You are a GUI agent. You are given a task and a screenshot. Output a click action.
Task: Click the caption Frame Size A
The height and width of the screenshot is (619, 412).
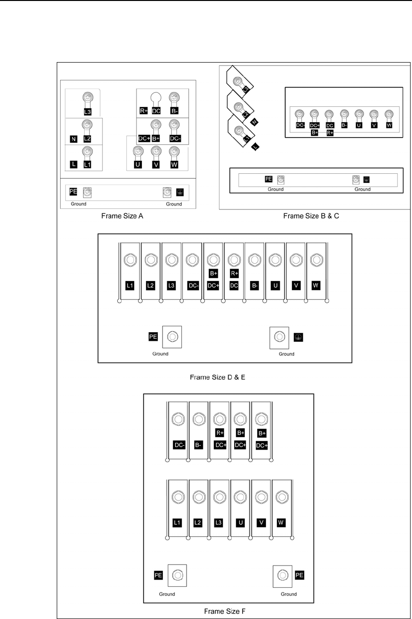click(x=122, y=216)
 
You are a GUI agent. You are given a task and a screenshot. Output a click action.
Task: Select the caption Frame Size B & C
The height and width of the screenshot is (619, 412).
click(x=311, y=216)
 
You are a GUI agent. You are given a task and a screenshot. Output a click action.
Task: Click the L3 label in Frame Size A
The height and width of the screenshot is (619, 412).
click(x=87, y=112)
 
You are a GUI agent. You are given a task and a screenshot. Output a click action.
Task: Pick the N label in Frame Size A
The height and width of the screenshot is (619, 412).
click(x=74, y=140)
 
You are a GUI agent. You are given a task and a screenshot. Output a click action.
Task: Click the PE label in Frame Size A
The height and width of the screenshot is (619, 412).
click(x=74, y=192)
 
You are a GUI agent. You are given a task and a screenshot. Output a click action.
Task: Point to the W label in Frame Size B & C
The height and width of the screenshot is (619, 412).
click(x=388, y=126)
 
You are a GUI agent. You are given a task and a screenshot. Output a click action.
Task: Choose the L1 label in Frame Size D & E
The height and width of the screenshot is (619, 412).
click(x=129, y=286)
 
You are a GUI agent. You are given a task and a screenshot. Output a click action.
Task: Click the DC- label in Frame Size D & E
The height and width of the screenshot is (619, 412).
click(x=192, y=286)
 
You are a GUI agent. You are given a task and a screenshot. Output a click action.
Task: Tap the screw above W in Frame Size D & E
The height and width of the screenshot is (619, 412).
click(x=316, y=260)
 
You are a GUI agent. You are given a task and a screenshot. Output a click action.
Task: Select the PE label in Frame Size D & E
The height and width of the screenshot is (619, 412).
click(x=153, y=336)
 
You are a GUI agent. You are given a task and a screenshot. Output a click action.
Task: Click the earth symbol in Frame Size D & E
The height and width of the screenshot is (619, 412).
click(x=298, y=337)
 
